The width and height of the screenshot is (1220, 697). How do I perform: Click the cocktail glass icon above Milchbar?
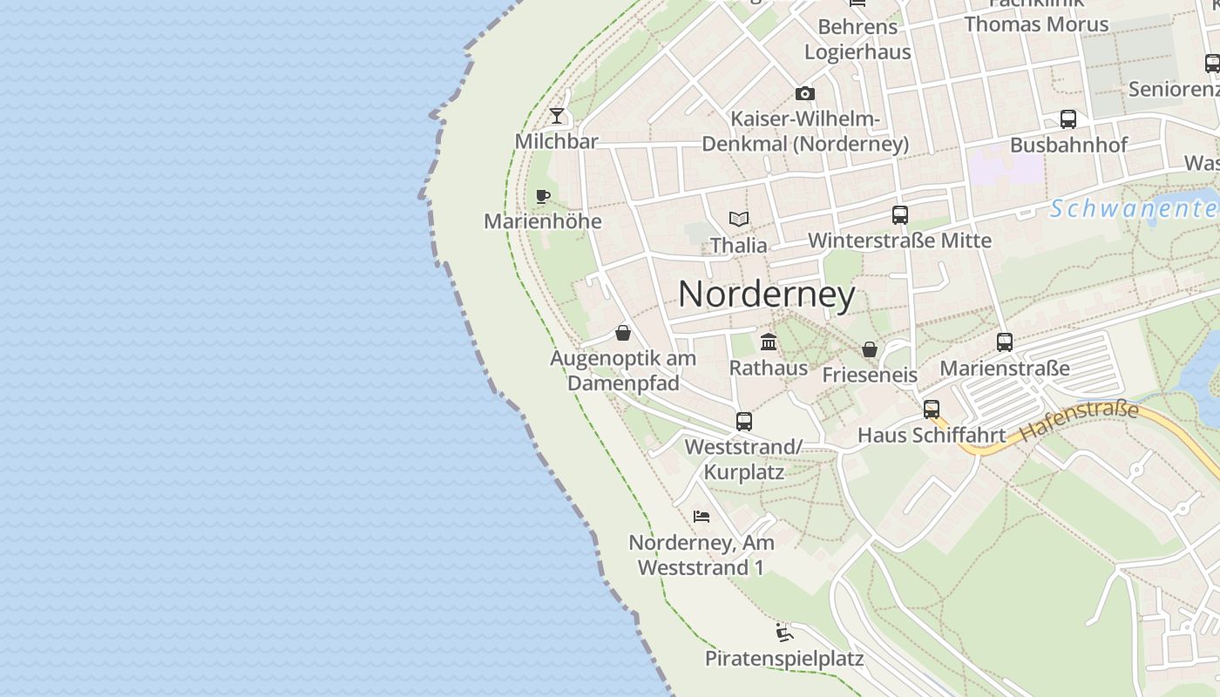(557, 115)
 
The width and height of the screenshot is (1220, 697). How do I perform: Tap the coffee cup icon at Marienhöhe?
(543, 196)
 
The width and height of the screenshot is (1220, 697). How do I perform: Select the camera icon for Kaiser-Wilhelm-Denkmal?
(805, 93)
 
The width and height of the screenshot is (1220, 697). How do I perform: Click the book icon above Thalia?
(739, 219)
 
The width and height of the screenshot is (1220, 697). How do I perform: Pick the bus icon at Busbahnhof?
(1068, 119)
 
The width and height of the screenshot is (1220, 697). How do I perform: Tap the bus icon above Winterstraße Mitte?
(900, 214)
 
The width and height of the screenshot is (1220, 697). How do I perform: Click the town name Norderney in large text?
(767, 294)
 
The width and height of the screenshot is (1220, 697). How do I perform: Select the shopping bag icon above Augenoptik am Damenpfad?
(623, 333)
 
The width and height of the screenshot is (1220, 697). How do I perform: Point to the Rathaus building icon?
(769, 342)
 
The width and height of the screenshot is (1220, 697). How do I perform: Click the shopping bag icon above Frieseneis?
(870, 349)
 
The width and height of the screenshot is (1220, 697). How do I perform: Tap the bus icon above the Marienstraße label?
(1005, 342)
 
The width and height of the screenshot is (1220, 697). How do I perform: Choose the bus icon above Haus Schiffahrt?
(932, 409)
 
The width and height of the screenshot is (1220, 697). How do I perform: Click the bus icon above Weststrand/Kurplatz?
(744, 422)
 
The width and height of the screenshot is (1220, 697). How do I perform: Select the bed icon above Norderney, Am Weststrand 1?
(701, 517)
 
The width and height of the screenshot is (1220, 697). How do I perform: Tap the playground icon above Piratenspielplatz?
(784, 632)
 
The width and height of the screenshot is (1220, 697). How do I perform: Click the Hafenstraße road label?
(1079, 420)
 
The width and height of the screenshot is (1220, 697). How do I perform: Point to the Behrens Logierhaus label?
(857, 39)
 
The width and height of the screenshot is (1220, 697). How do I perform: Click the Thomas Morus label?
(1036, 24)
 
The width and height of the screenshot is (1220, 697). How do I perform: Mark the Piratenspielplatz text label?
(784, 659)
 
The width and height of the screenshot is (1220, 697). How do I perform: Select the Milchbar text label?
(556, 141)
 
